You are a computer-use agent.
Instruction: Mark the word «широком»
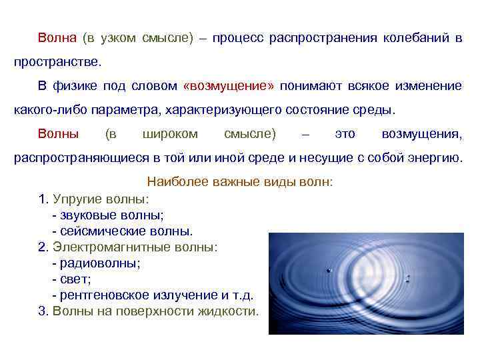pyautogui.click(x=171, y=134)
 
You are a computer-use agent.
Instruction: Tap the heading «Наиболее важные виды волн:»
pyautogui.click(x=239, y=181)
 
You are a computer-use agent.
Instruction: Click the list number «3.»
pyautogui.click(x=43, y=311)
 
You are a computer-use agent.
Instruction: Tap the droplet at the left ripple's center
pyautogui.click(x=329, y=270)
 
